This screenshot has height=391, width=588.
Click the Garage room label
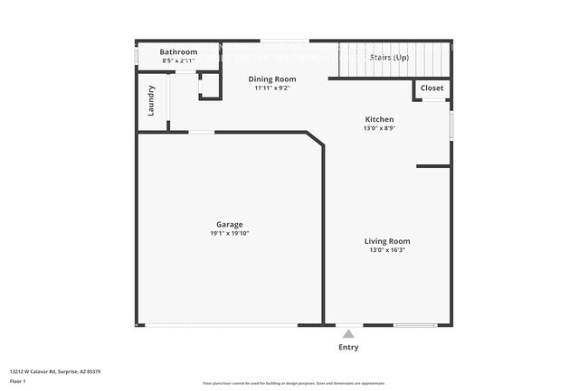click(229, 224)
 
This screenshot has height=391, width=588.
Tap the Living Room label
click(387, 241)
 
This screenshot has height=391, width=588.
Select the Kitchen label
click(379, 119)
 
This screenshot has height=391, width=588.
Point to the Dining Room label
click(272, 79)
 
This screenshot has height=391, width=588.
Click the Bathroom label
click(178, 52)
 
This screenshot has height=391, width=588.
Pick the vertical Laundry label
click(151, 100)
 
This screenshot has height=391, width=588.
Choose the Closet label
click(432, 88)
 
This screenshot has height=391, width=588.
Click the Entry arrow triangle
click(348, 334)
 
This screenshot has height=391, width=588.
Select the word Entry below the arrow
click(348, 347)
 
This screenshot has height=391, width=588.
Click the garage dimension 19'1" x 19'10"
click(229, 233)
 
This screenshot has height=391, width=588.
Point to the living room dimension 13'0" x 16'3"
click(387, 250)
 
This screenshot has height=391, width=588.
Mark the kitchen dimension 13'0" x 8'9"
click(379, 128)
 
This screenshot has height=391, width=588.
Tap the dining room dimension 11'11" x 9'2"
click(272, 88)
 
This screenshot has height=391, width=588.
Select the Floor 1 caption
click(18, 381)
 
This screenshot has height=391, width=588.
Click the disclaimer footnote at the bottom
click(294, 384)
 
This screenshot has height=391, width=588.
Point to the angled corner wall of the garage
click(316, 140)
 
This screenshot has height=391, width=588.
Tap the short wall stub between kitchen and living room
click(433, 166)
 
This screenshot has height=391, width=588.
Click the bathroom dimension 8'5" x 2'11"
click(178, 61)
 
